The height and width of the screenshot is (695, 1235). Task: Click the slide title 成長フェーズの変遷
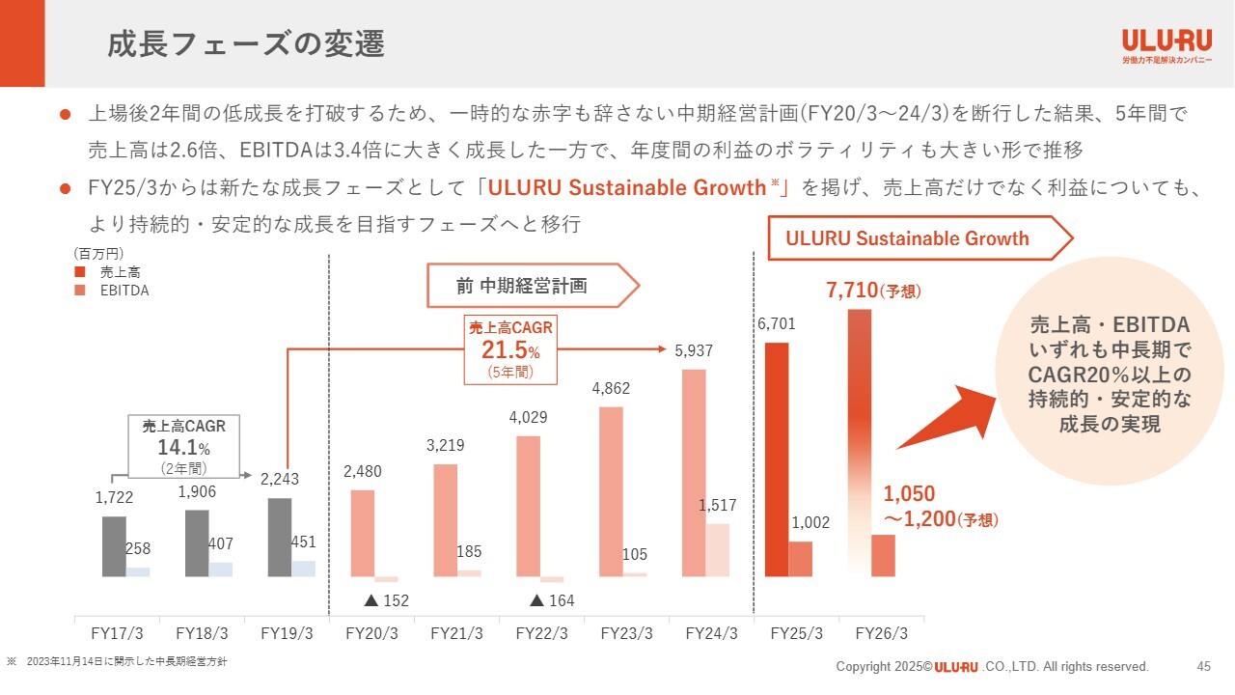(246, 44)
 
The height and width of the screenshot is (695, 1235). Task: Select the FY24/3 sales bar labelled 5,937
(694, 473)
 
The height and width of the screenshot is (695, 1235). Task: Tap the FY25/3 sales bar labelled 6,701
(777, 459)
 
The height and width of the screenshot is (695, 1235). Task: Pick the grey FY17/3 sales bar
(114, 546)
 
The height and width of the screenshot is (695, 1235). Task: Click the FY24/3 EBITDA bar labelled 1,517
(717, 550)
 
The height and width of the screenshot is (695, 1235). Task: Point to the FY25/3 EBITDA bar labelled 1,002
(801, 559)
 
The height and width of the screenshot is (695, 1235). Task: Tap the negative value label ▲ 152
(386, 600)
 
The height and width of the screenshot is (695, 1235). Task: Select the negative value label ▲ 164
(552, 600)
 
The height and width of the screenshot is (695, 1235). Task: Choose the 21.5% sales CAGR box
(510, 348)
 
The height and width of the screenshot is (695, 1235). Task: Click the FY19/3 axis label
(288, 634)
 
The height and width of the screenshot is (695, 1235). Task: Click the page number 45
(1203, 666)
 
